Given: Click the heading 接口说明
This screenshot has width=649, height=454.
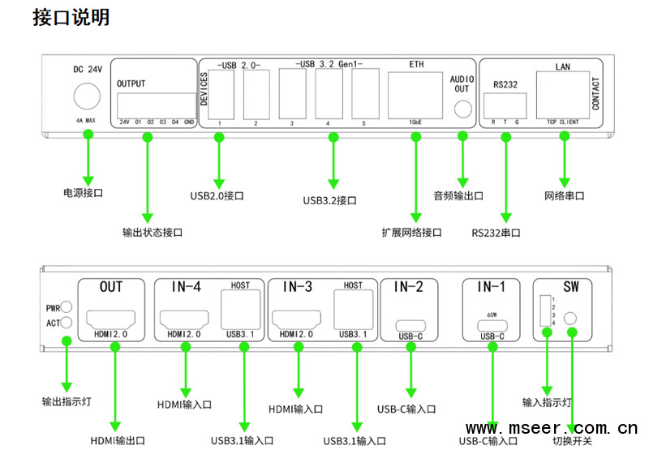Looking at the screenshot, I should (x=71, y=18).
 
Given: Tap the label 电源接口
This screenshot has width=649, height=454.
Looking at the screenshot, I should (x=83, y=194).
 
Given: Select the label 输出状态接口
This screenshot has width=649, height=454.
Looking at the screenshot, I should (x=152, y=233).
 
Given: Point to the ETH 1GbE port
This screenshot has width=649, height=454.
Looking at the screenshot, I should (x=415, y=95).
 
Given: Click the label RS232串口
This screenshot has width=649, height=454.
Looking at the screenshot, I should (x=496, y=233).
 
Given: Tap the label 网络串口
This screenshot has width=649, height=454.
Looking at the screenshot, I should (x=564, y=195).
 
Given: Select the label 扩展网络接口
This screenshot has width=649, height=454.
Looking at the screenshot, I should (x=411, y=233).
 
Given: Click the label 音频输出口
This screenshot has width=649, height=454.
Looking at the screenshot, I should (x=458, y=195).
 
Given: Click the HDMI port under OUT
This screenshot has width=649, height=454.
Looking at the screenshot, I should (x=110, y=318).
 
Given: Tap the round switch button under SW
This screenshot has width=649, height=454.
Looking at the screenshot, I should (x=573, y=319).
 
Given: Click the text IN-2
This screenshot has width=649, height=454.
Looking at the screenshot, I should (x=408, y=287).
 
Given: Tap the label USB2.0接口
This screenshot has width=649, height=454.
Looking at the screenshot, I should (x=217, y=195).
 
